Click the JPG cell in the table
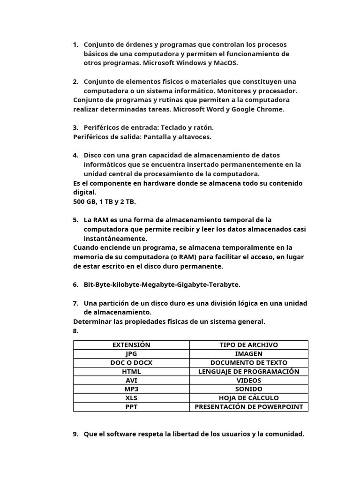[131, 354]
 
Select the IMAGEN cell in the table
[248, 354]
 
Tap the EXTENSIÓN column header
[131, 345]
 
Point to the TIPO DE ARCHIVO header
[248, 345]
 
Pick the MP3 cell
[131, 389]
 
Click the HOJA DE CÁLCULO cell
[248, 398]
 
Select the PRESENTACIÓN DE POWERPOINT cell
[248, 407]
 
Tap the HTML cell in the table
[131, 372]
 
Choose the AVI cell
[131, 380]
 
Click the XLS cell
[131, 398]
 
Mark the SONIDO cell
[248, 389]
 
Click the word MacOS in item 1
[225, 63]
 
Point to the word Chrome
[270, 109]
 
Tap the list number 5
[75, 220]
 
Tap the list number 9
[75, 434]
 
